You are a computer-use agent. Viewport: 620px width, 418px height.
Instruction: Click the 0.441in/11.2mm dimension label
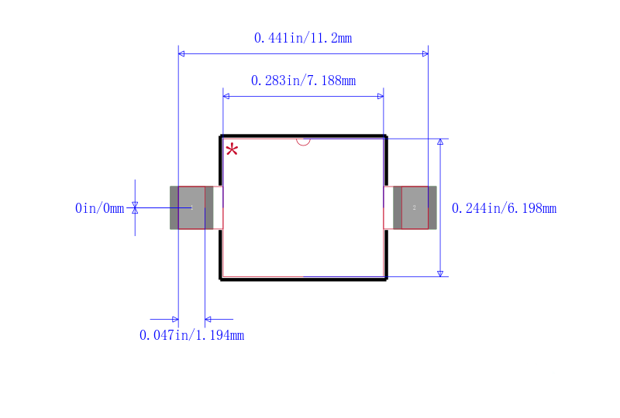[303, 39]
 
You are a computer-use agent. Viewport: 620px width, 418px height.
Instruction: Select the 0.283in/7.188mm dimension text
[303, 81]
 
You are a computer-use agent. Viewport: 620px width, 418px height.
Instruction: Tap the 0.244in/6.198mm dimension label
[505, 208]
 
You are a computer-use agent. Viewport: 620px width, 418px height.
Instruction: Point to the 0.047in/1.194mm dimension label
[191, 335]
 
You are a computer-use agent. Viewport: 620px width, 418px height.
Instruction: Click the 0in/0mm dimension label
[100, 208]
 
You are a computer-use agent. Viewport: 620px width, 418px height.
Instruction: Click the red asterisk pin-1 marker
[232, 149]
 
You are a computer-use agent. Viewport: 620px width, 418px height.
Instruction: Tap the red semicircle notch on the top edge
[303, 142]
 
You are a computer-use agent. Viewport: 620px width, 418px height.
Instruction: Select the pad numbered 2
[415, 207]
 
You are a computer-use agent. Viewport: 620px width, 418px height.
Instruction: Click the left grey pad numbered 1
[191, 207]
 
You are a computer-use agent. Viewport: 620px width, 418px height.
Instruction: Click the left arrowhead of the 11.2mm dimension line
[181, 53]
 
